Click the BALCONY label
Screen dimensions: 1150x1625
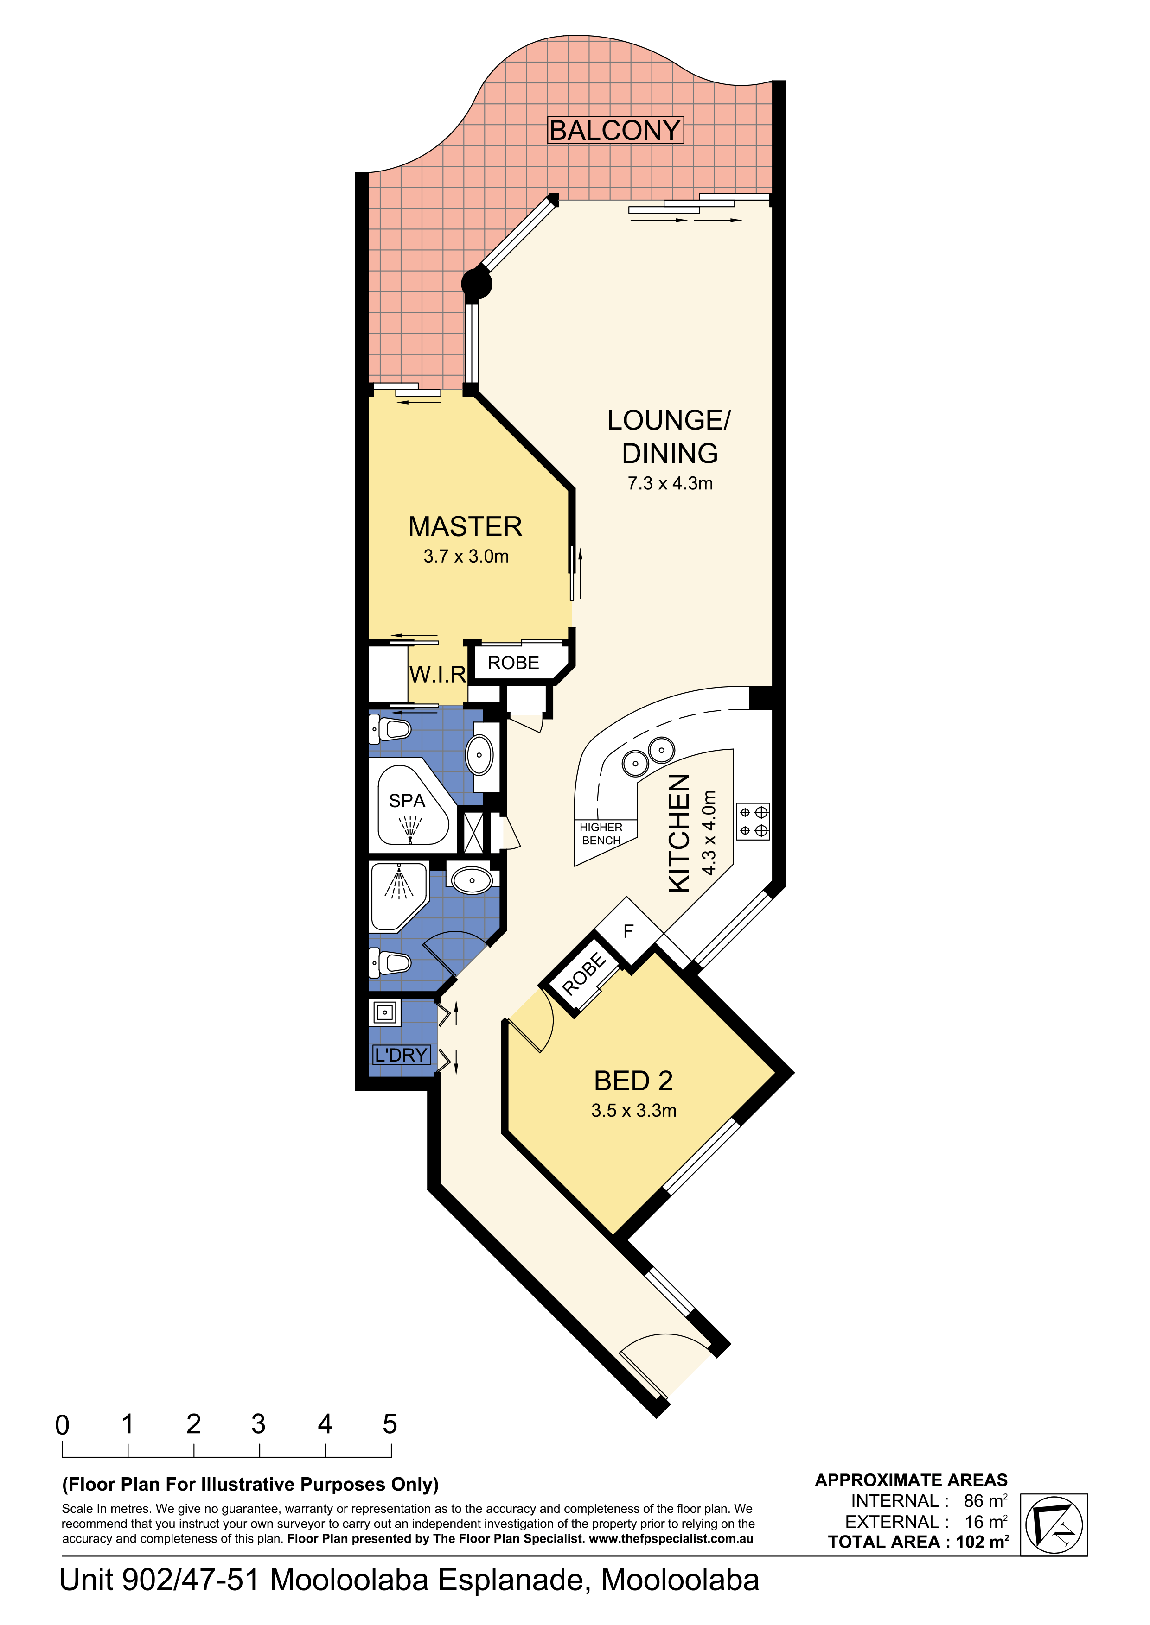click(615, 130)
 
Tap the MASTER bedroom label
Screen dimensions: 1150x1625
click(465, 526)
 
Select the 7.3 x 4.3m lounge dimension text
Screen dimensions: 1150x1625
click(670, 483)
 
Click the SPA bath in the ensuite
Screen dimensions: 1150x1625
click(413, 805)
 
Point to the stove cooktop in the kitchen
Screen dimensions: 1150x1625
click(753, 821)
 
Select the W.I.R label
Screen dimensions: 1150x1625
click(438, 675)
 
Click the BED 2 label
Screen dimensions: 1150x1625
click(633, 1081)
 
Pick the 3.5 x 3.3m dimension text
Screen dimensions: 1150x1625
click(634, 1111)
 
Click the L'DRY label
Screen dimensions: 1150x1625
click(402, 1055)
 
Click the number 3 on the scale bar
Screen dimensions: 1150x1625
click(258, 1424)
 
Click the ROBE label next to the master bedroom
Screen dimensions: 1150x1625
click(513, 663)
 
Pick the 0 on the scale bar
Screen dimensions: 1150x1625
click(62, 1424)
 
